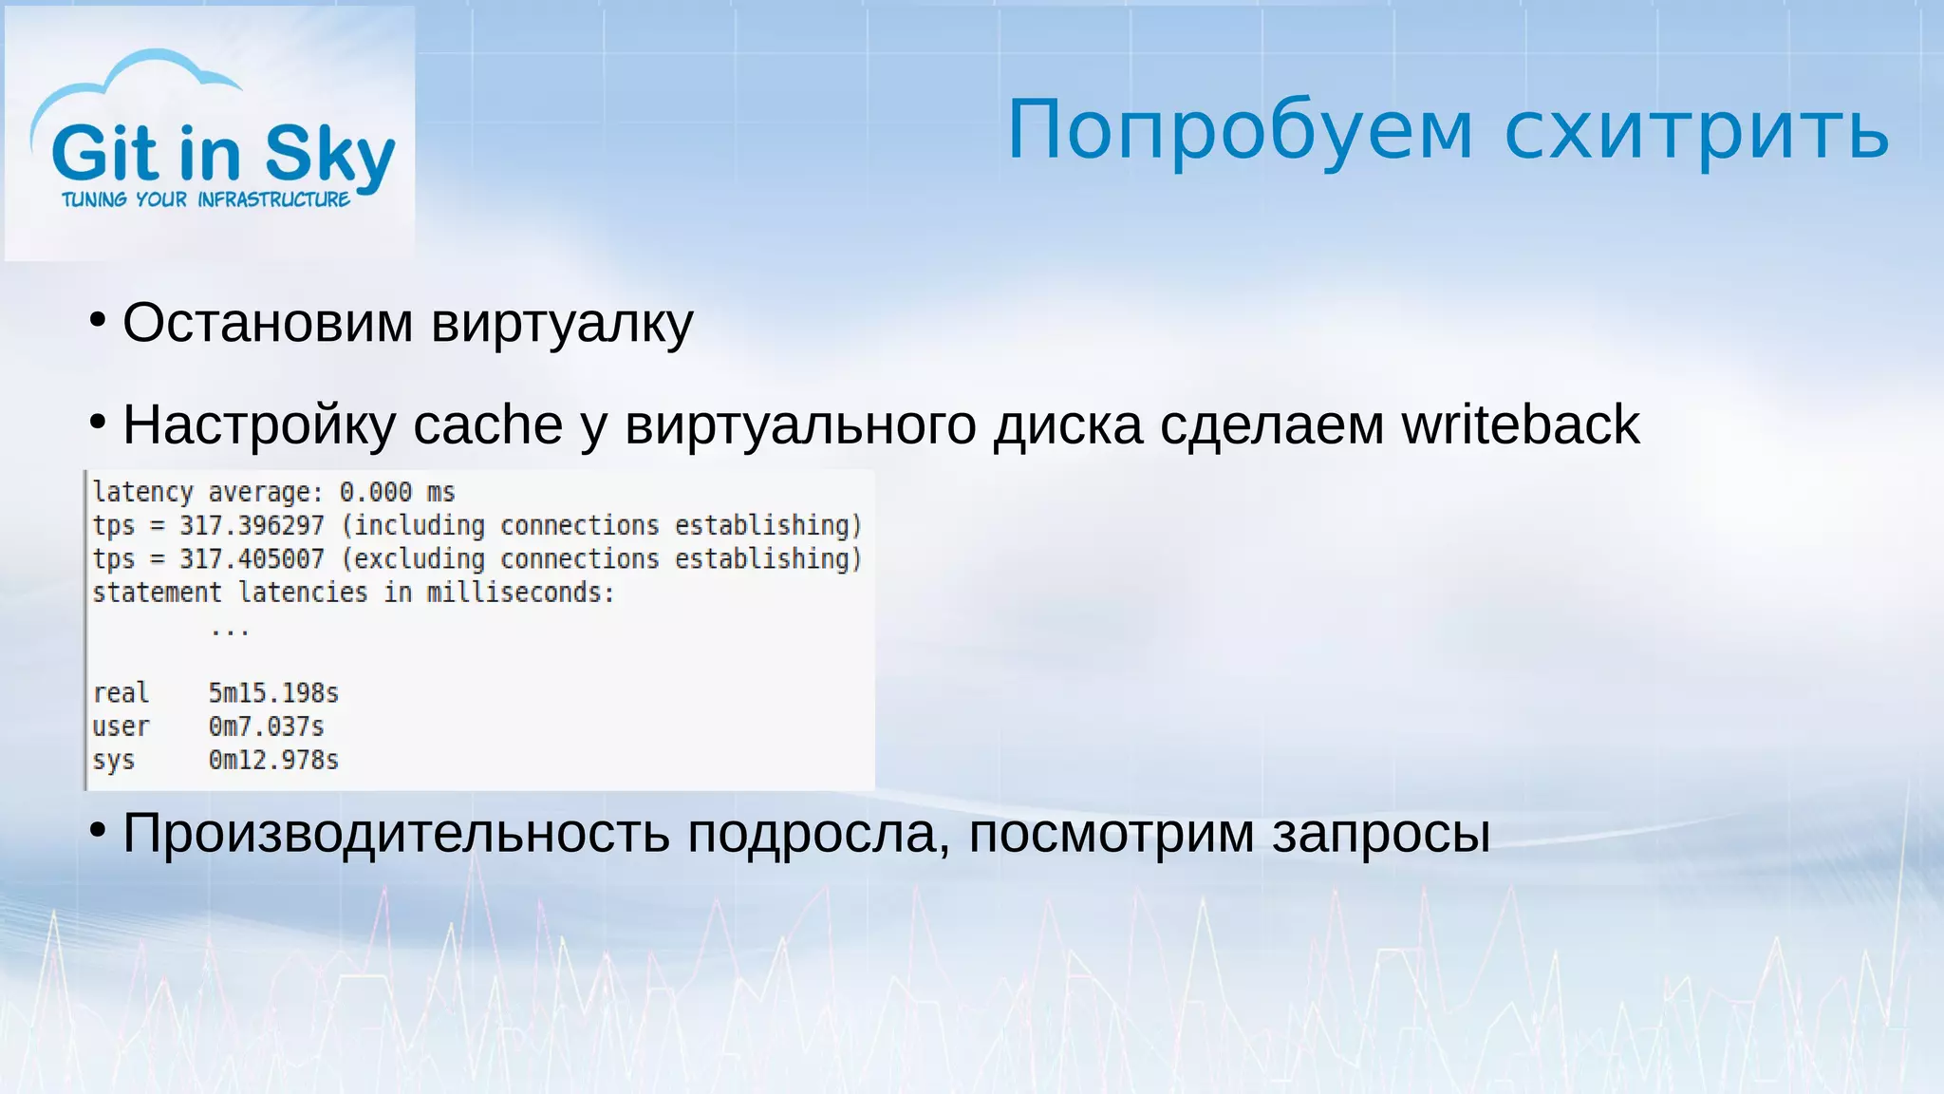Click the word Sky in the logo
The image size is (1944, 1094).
click(329, 155)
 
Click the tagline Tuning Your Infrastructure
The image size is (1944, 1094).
click(206, 199)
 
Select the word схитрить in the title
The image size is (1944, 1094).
click(1697, 131)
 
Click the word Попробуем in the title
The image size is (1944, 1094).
click(1240, 131)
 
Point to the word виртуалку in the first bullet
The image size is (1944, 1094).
click(562, 324)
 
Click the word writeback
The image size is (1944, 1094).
click(1521, 424)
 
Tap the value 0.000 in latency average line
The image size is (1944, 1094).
click(376, 492)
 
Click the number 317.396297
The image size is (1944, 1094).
click(252, 525)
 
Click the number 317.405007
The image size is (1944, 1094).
click(252, 558)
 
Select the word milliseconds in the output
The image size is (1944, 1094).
click(519, 593)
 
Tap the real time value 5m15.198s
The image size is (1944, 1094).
click(273, 693)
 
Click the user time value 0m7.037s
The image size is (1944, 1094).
click(267, 726)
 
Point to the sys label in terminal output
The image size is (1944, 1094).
click(113, 761)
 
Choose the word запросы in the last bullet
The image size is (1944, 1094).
click(1380, 834)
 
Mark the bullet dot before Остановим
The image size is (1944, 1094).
click(97, 321)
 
